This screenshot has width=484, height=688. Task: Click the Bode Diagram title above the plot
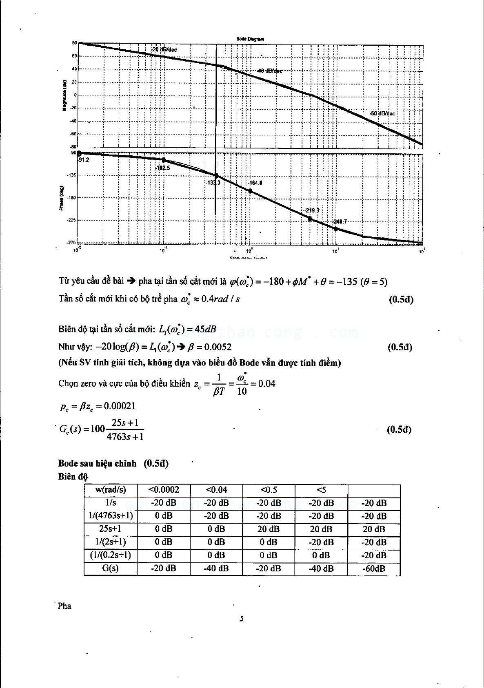[250, 39]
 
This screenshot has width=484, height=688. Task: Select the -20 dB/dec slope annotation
[164, 49]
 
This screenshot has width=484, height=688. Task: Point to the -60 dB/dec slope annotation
[382, 113]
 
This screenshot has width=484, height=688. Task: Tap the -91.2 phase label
[84, 160]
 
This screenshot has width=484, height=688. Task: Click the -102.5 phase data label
[162, 168]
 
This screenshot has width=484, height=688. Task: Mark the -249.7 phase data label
[339, 221]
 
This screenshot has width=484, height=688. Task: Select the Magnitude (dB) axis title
[64, 95]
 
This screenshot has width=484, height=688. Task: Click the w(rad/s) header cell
[110, 490]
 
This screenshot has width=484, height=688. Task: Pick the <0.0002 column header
[163, 490]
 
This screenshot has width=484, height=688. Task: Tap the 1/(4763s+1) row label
[110, 516]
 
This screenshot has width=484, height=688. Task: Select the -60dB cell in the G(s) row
[373, 569]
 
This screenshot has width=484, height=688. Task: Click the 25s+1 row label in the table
[110, 529]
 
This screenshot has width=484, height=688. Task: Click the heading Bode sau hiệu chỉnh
[97, 463]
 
